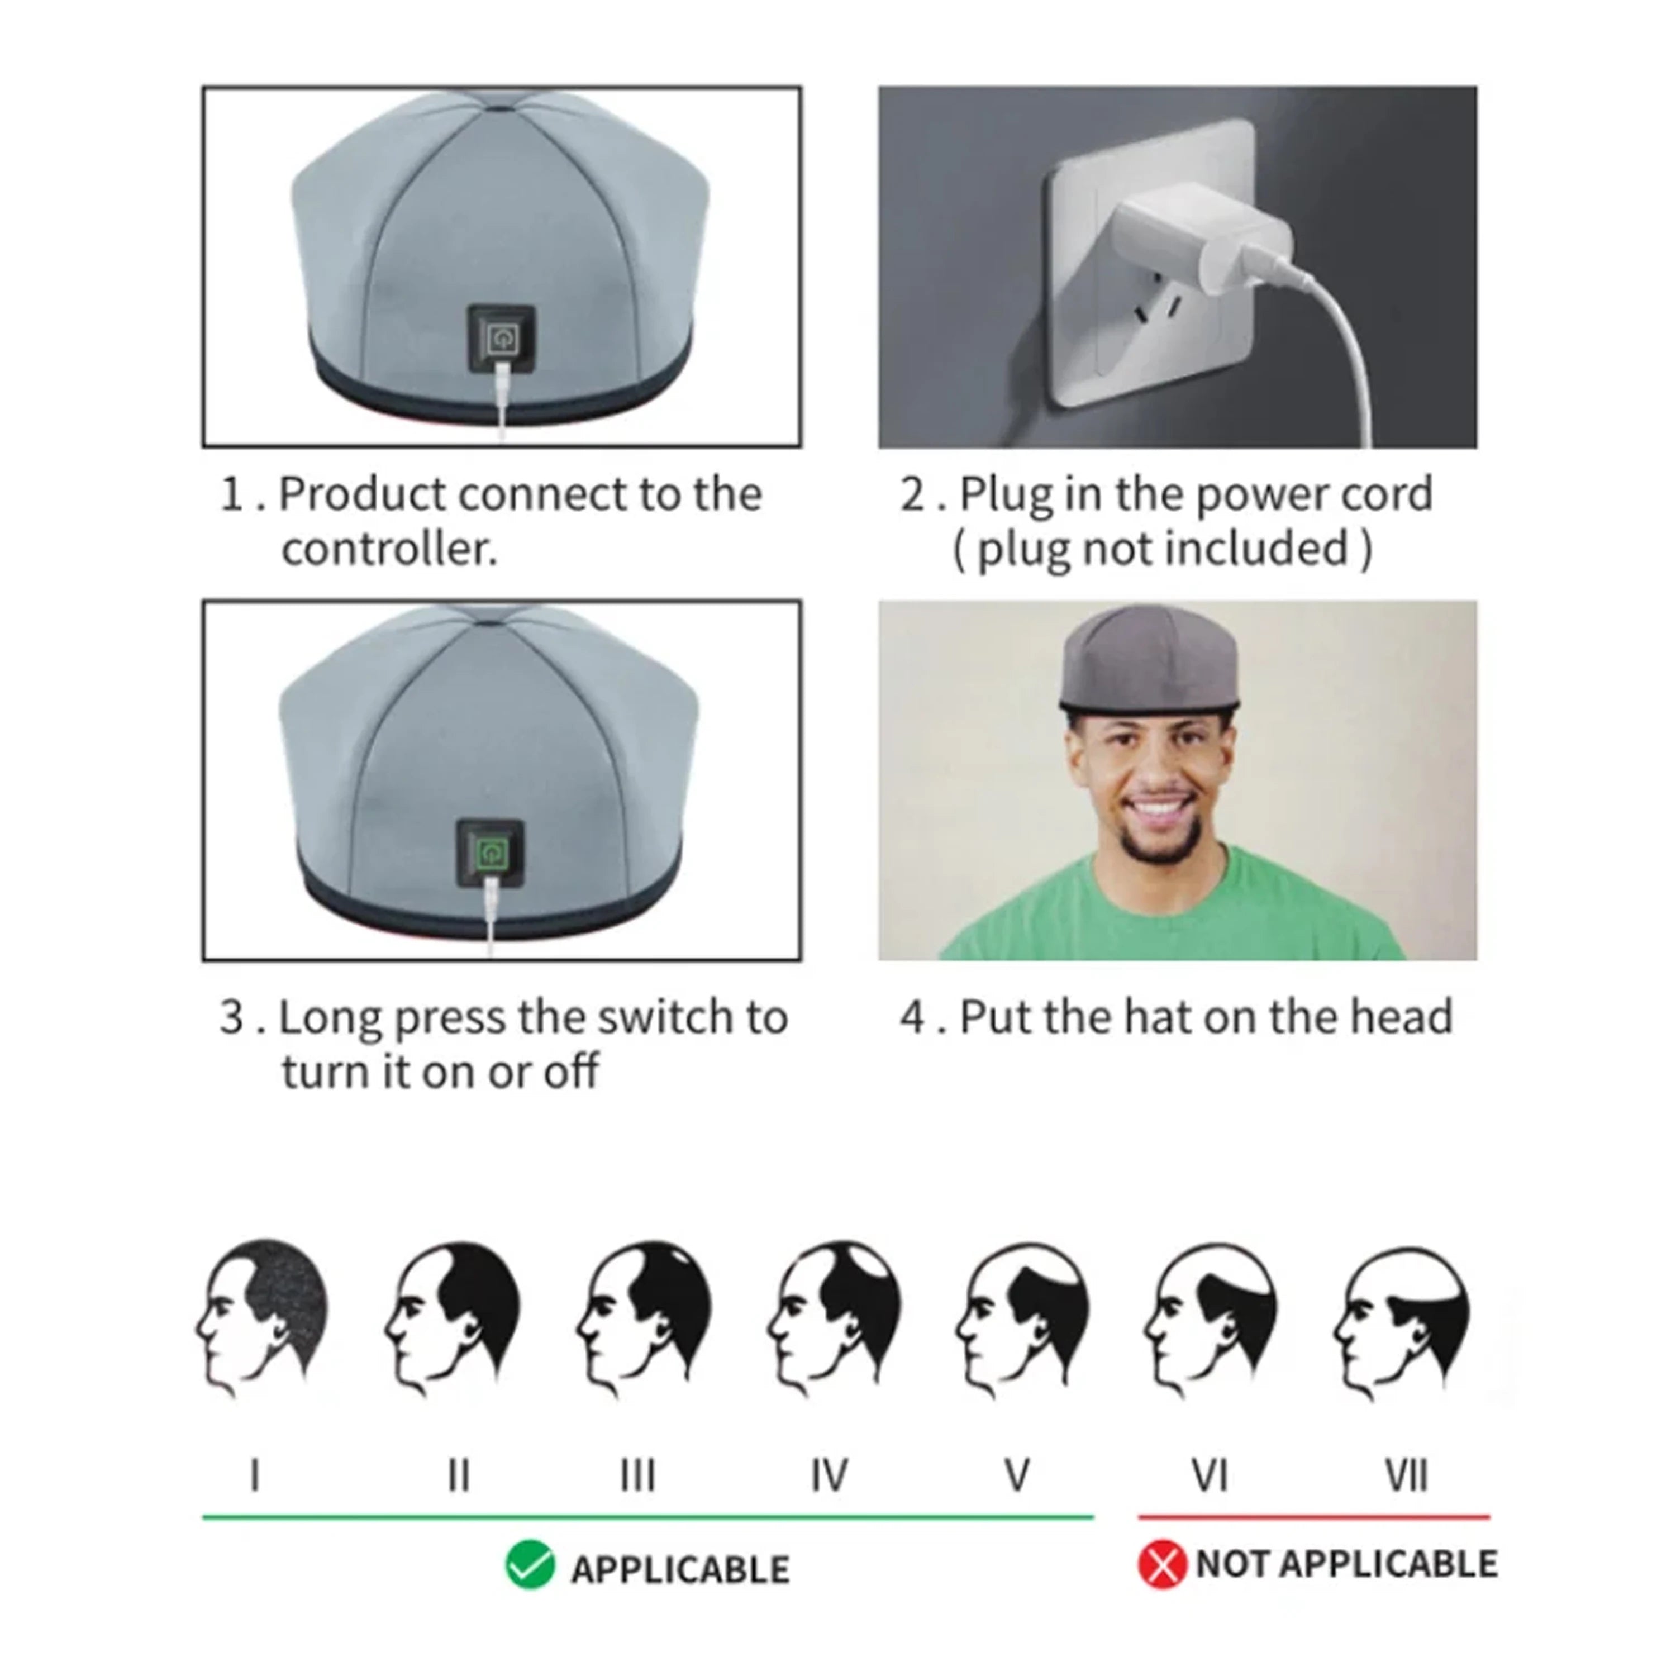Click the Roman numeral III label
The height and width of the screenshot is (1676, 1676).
[x=637, y=1475]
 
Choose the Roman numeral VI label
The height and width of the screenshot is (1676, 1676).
[x=1210, y=1475]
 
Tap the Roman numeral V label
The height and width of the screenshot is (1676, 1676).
[x=1017, y=1475]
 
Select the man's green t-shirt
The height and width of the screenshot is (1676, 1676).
[x=1171, y=911]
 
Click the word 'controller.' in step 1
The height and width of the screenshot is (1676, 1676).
[x=389, y=549]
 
